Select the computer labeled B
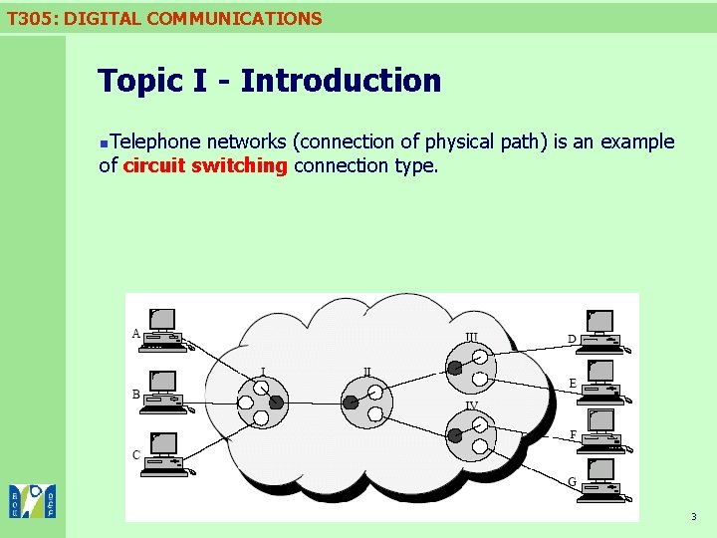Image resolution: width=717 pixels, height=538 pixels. (x=163, y=393)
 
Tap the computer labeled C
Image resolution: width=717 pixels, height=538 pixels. (x=163, y=451)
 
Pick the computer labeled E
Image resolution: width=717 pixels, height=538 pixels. (x=601, y=382)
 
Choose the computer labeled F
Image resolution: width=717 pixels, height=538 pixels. (x=601, y=430)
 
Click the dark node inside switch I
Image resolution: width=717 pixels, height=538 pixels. (x=276, y=403)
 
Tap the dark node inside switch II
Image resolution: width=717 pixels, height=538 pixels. (x=351, y=403)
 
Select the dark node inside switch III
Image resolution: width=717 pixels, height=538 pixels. (x=455, y=368)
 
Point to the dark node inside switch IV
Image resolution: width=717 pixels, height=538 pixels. (x=455, y=435)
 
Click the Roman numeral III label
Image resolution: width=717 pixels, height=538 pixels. (x=471, y=337)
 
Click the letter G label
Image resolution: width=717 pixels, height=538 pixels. (x=572, y=482)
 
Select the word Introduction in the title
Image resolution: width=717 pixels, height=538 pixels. (x=341, y=81)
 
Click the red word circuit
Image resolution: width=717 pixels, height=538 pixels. (x=153, y=165)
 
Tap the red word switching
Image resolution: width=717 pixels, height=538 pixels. (x=239, y=165)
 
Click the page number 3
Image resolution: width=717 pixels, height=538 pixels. (x=693, y=517)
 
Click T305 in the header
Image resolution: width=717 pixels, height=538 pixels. (x=28, y=18)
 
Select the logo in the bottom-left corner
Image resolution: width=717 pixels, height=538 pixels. (x=32, y=501)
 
